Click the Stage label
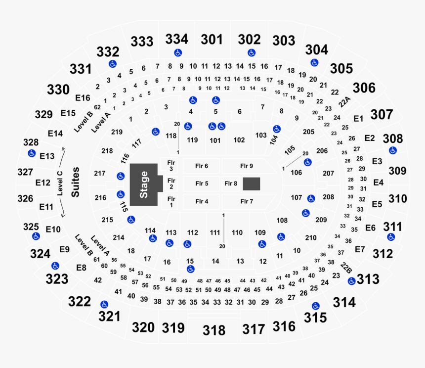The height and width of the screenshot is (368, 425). point(144,184)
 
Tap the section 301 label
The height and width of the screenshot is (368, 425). point(212,40)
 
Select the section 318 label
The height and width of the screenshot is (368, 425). point(214,330)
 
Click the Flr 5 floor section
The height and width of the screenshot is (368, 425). point(201,184)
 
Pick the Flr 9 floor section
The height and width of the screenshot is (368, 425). point(247,166)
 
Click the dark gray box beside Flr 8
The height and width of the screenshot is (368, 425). point(251,184)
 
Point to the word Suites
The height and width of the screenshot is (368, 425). point(75,182)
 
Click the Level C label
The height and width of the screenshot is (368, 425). point(60,184)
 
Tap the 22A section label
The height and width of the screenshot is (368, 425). point(344,102)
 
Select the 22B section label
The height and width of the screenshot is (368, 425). point(346,268)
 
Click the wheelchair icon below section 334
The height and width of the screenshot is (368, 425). point(178,52)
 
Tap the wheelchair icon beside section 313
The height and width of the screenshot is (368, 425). point(351,281)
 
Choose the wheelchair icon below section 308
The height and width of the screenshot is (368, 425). point(393,150)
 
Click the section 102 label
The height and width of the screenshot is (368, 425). point(239,140)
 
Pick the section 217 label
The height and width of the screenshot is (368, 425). point(99,173)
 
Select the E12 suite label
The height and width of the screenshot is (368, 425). point(43,183)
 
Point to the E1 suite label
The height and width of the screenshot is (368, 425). point(358,119)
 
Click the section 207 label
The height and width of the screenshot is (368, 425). point(328,173)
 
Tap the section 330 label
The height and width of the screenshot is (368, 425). point(58,90)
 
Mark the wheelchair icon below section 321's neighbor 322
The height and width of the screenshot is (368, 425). point(104,305)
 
